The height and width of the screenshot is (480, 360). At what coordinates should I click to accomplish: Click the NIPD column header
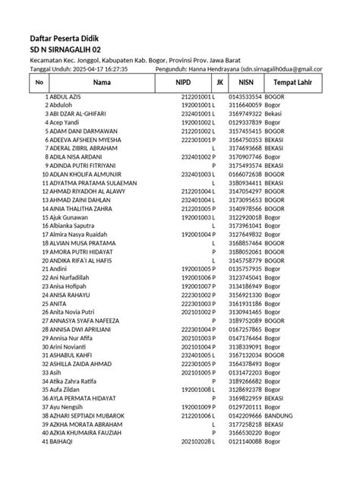click(x=183, y=82)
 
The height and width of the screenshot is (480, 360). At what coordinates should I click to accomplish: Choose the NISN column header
click(x=245, y=82)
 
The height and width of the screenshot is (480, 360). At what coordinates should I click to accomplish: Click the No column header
click(x=39, y=82)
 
